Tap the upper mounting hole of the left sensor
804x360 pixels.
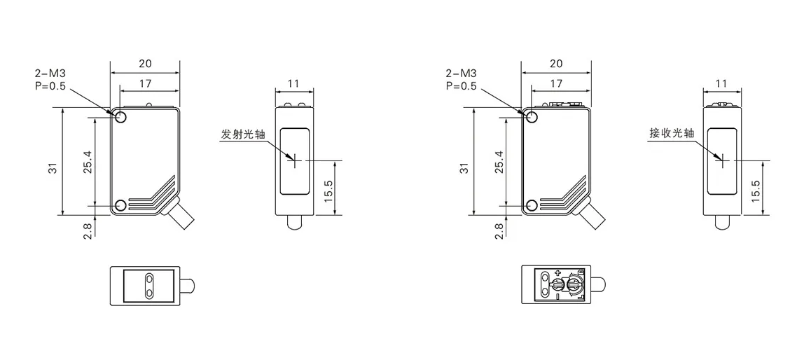(121, 117)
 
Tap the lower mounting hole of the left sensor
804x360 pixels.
(121, 206)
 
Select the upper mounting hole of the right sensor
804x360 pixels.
(532, 117)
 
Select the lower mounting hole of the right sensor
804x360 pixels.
(532, 206)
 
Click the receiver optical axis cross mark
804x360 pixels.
(721, 160)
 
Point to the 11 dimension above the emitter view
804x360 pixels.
(294, 83)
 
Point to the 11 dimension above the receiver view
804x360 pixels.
(721, 83)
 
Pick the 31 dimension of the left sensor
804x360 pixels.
(53, 168)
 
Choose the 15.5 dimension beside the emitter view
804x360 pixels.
(328, 191)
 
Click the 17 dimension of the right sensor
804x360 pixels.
(556, 83)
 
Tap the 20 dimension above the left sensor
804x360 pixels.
(145, 64)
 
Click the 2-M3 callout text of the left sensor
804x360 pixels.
(50, 74)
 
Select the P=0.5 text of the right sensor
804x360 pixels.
(461, 85)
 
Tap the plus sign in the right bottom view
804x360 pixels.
(557, 273)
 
